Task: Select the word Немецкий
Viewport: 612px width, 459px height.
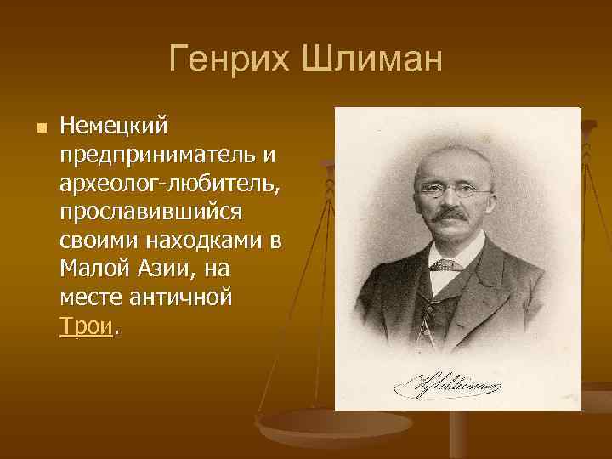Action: [x=115, y=127]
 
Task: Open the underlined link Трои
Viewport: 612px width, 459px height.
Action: [x=86, y=326]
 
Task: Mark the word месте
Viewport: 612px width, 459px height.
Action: [x=93, y=297]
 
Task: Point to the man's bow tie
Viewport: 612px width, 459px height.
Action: [x=444, y=265]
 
